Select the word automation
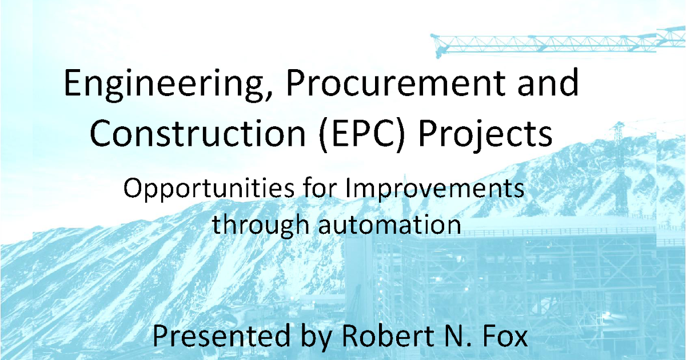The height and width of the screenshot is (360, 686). tap(390, 224)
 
